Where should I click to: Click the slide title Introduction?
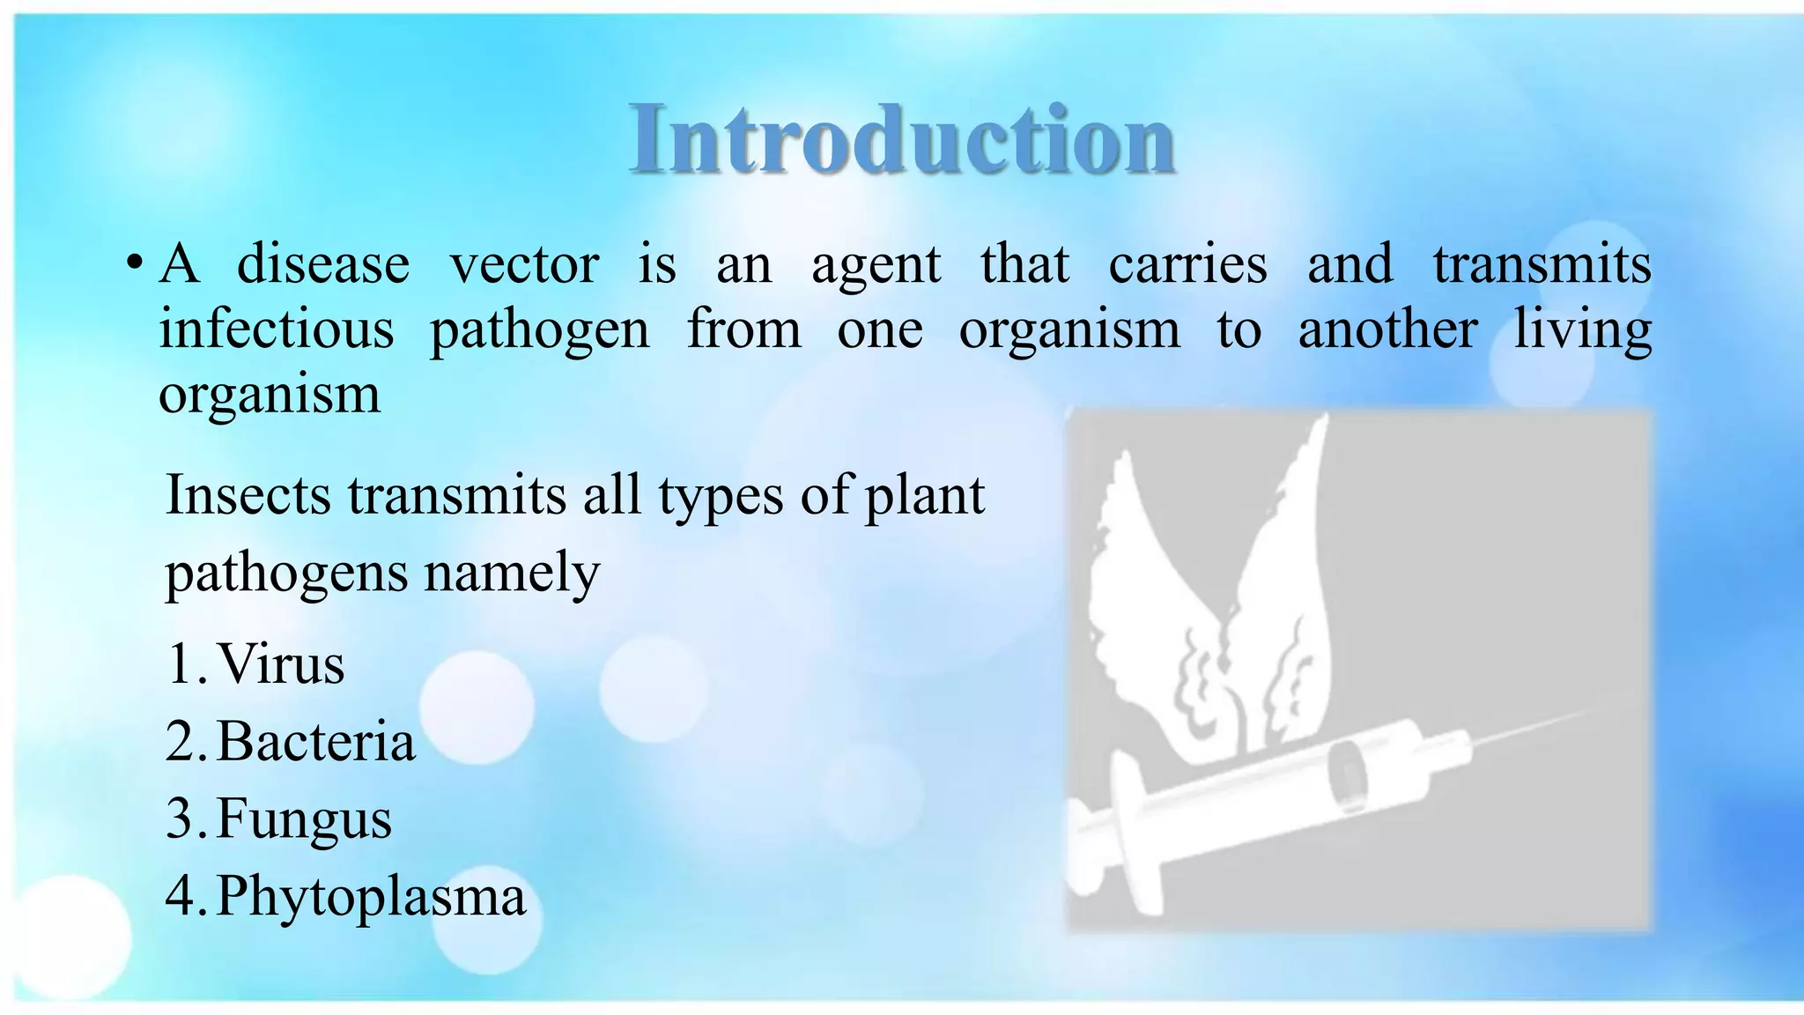pos(902,139)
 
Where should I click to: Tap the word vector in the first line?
pos(524,263)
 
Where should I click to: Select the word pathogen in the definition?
pos(539,330)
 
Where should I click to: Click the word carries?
pos(1187,263)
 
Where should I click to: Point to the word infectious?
pos(276,329)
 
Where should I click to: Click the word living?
pos(1582,330)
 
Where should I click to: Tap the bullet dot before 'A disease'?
pos(134,263)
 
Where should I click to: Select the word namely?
pos(512,574)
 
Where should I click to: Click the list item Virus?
pos(280,663)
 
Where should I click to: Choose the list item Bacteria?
pos(315,741)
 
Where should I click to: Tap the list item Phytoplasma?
pos(370,897)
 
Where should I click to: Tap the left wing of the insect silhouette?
pos(1145,599)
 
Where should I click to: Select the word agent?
pos(876,265)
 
